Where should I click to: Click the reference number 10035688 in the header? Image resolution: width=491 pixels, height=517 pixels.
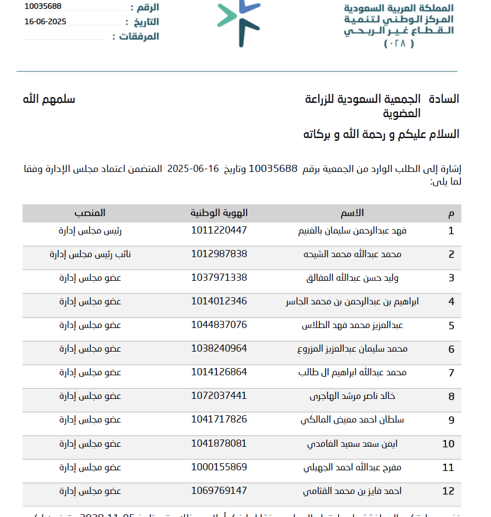coord(43,7)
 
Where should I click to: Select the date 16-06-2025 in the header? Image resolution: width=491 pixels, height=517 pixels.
coord(46,21)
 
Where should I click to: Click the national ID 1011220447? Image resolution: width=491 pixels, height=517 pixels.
coord(219,230)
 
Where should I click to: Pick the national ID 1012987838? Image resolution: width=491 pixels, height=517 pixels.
coord(219,254)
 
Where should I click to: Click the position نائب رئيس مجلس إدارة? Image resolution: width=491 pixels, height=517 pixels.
coord(85,254)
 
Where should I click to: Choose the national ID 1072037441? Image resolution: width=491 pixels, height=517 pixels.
coord(219,396)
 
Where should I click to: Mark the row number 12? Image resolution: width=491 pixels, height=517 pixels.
coord(448,491)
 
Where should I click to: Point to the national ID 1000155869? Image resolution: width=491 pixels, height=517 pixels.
coord(219,467)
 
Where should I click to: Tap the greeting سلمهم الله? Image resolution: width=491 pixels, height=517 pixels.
coord(49,99)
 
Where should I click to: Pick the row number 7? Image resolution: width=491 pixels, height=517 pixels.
coord(451,373)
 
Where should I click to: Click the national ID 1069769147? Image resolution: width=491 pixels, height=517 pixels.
coord(219,490)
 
